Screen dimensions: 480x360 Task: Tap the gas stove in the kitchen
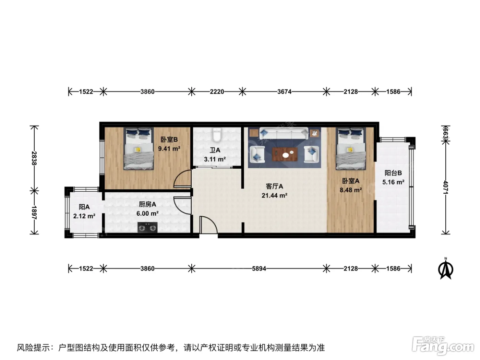pos(147,227)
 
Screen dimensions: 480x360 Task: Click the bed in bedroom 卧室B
pos(139,149)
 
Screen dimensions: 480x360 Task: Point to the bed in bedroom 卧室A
pos(351,149)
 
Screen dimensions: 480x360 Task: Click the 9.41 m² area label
pos(169,149)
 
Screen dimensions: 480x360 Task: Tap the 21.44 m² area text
pos(274,195)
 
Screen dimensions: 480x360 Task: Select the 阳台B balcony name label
pos(393,173)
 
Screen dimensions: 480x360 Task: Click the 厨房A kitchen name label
pos(147,204)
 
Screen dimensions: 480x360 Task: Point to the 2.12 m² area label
pos(84,216)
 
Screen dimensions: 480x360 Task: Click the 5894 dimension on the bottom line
pos(259,268)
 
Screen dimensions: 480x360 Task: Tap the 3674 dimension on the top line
pos(284,92)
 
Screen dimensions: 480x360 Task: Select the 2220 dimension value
pos(217,92)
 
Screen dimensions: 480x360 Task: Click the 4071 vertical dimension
pos(446,187)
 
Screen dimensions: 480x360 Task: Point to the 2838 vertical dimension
pos(34,158)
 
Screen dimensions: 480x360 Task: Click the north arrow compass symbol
pos(446,268)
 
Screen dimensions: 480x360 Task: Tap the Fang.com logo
pos(443,346)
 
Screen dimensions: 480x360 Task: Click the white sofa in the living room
pos(284,133)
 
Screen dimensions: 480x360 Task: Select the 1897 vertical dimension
pos(34,213)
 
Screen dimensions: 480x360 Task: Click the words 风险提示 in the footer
pos(34,348)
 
